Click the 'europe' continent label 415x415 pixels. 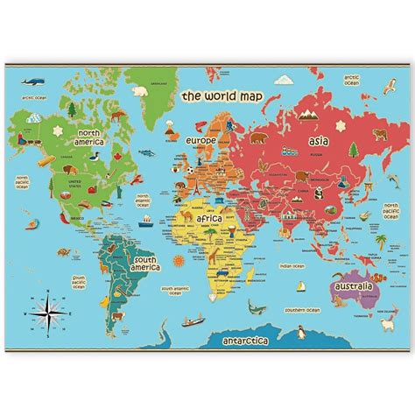coord(200,140)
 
